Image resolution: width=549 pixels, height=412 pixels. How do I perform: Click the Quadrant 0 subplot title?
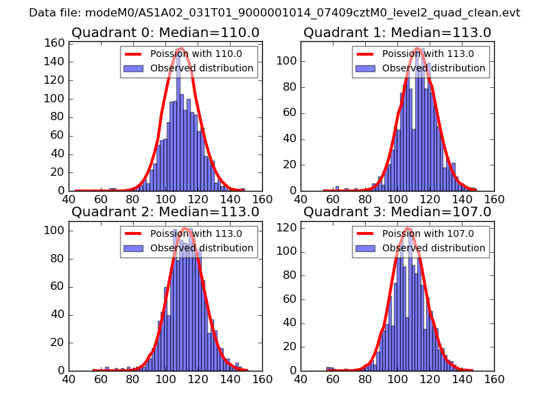tap(165, 32)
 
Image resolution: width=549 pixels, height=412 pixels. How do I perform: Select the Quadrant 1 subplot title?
tap(397, 32)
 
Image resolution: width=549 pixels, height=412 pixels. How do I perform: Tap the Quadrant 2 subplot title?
tap(165, 211)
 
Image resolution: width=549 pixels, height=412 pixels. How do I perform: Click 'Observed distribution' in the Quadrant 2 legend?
tap(202, 248)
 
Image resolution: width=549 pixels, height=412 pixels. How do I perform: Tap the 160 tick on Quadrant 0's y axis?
tap(56, 43)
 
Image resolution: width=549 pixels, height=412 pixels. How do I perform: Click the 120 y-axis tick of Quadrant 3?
tap(288, 227)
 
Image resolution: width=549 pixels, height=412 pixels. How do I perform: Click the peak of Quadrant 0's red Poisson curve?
tap(180, 48)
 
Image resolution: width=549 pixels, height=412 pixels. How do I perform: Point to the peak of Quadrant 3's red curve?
tap(408, 228)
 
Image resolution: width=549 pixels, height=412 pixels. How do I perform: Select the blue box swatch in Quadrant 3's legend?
tap(367, 248)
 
